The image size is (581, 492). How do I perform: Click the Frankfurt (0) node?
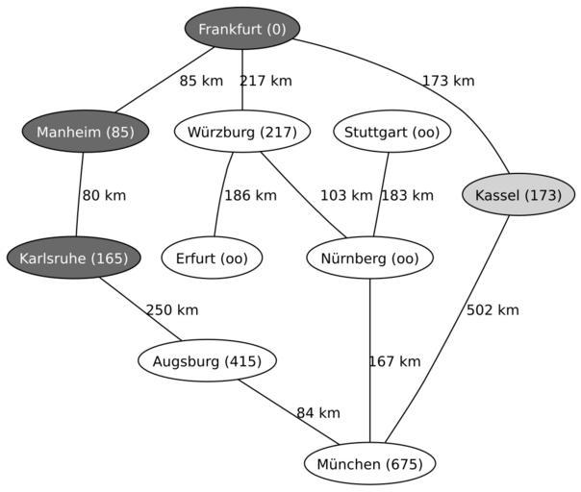click(242, 29)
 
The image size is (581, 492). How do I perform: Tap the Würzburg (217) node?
click(242, 132)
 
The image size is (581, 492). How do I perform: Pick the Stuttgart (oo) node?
click(392, 132)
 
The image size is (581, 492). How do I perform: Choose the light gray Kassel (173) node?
click(518, 195)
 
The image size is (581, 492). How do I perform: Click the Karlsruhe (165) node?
click(74, 258)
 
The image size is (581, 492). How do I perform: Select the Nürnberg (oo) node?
click(370, 258)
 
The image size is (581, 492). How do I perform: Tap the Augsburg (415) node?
click(208, 361)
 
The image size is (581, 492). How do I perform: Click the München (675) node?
click(370, 464)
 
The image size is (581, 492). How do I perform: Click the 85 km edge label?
click(201, 81)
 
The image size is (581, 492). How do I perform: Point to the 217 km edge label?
click(265, 81)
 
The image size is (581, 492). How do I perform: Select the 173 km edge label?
click(448, 81)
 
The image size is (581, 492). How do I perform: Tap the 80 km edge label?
click(104, 195)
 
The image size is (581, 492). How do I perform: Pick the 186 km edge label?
click(250, 195)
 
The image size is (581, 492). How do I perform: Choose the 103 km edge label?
click(346, 195)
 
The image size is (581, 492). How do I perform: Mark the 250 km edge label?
click(172, 309)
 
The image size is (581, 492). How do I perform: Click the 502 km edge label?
click(493, 309)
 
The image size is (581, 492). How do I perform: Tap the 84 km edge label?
click(318, 413)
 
